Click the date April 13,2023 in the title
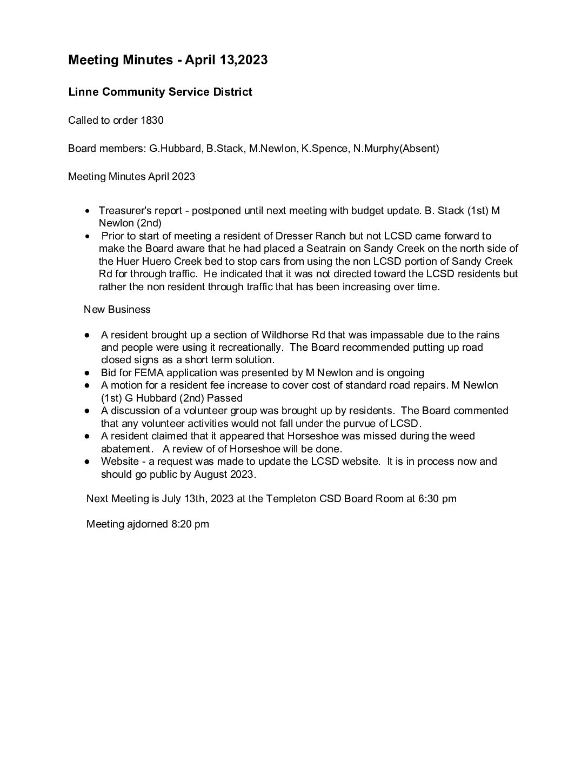(x=226, y=60)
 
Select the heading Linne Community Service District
(x=160, y=92)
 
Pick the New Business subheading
(x=117, y=310)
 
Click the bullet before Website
(x=87, y=462)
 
